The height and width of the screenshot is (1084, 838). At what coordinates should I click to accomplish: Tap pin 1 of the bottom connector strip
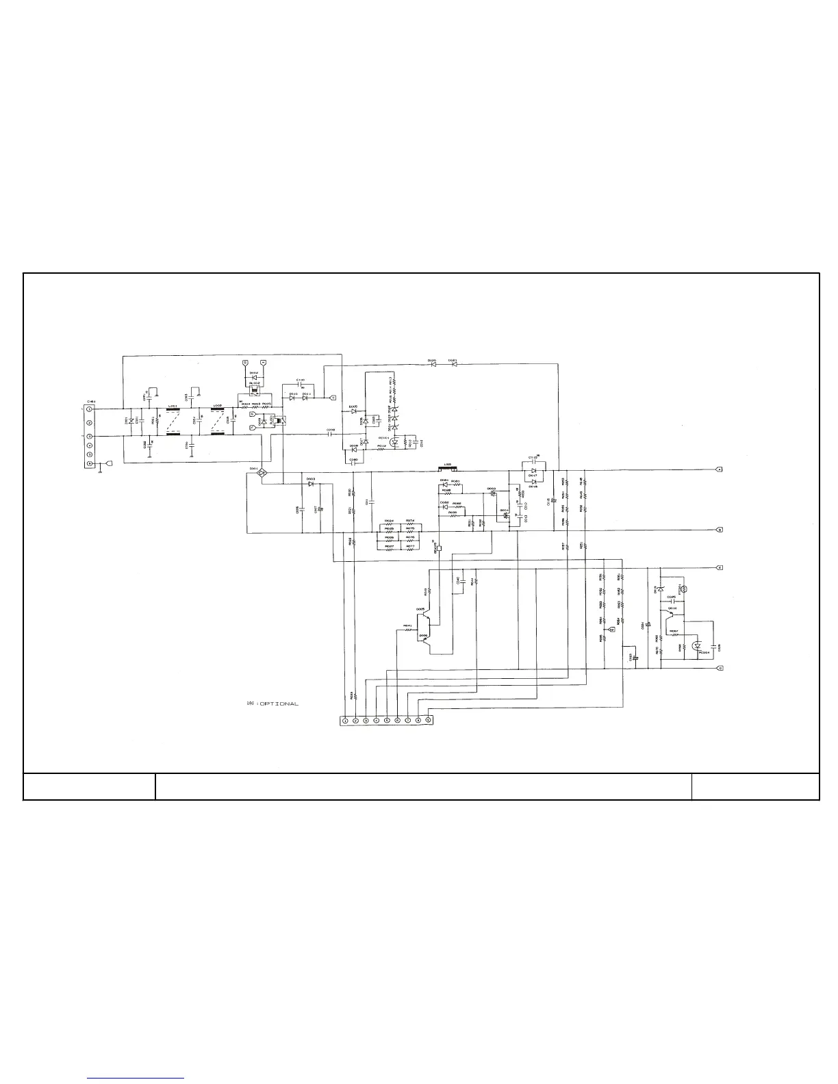pyautogui.click(x=346, y=720)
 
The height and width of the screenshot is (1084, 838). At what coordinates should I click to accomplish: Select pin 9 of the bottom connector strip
pyautogui.click(x=428, y=719)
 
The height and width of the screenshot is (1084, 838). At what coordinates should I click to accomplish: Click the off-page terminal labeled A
pyautogui.click(x=719, y=470)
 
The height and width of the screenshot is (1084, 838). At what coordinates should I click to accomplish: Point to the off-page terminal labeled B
pyautogui.click(x=719, y=530)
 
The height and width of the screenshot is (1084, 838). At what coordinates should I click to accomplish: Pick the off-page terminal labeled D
pyautogui.click(x=719, y=669)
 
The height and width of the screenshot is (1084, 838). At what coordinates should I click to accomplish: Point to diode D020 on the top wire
pyautogui.click(x=433, y=364)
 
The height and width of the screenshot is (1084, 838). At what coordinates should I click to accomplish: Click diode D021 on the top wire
pyautogui.click(x=453, y=364)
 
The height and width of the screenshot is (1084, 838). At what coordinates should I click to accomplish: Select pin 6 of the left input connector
pyautogui.click(x=90, y=463)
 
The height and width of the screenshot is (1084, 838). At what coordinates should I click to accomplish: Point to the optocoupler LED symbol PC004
pyautogui.click(x=697, y=645)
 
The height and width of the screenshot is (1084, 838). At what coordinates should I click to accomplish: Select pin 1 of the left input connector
pyautogui.click(x=90, y=409)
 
